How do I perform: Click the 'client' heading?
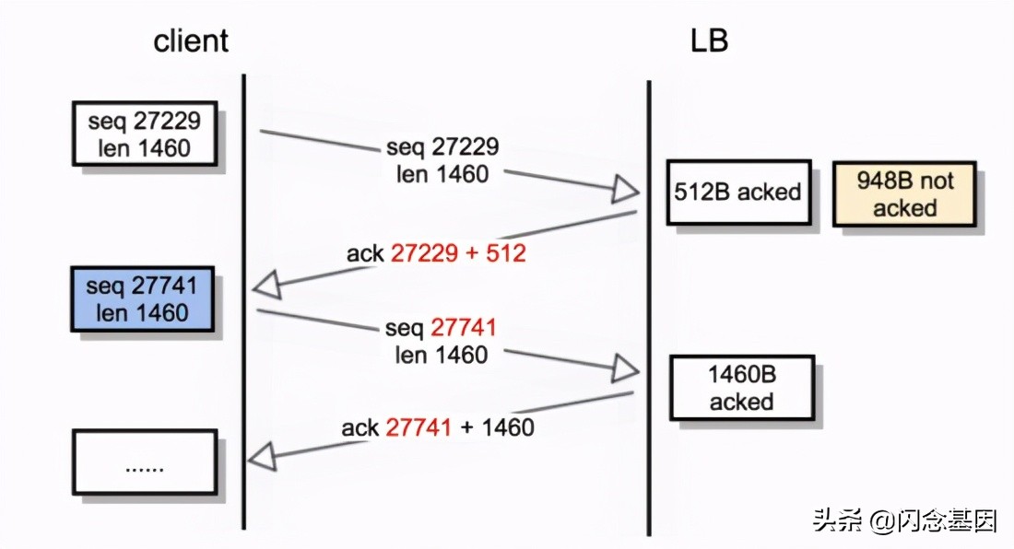(x=191, y=41)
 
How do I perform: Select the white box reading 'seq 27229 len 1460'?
(x=144, y=134)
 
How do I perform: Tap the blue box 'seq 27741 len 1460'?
(x=142, y=299)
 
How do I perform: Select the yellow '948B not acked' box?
(x=904, y=193)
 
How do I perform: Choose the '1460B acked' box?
(x=741, y=388)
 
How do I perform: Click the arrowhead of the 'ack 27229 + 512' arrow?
(x=265, y=286)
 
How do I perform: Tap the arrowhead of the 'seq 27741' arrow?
(x=627, y=370)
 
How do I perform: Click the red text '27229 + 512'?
(x=458, y=253)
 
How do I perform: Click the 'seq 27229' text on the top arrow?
(x=442, y=146)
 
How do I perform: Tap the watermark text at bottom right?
(x=904, y=521)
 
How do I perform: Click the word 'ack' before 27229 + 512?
(x=365, y=253)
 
